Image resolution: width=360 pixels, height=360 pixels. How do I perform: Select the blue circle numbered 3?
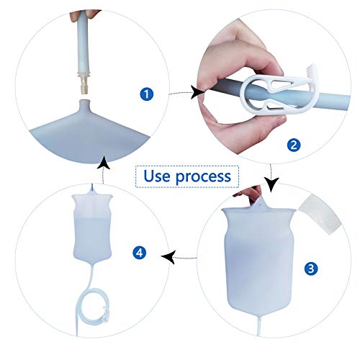coord(311,269)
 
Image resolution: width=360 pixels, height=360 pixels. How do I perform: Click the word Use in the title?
coord(158,176)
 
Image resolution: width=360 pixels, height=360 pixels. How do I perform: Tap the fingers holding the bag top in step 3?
coord(253,193)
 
